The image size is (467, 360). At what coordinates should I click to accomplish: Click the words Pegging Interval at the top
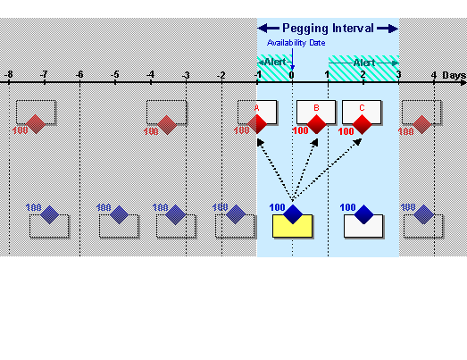328,28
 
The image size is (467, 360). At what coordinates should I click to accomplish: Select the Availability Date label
296,42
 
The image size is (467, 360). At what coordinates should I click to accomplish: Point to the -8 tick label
8,74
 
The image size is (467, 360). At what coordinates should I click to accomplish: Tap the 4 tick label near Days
434,74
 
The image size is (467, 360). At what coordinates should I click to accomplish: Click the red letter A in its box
257,108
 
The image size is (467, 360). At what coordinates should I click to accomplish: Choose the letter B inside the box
314,108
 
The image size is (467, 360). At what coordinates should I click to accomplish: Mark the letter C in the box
361,108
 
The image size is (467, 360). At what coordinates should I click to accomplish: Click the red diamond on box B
316,124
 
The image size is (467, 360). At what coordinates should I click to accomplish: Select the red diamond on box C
362,124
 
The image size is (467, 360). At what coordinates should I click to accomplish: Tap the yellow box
292,227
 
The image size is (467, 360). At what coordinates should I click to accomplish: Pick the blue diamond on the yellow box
293,214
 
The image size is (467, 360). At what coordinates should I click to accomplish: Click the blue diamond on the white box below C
364,214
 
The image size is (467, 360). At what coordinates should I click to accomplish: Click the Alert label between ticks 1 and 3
364,63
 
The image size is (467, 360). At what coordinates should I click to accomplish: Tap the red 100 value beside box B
300,131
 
